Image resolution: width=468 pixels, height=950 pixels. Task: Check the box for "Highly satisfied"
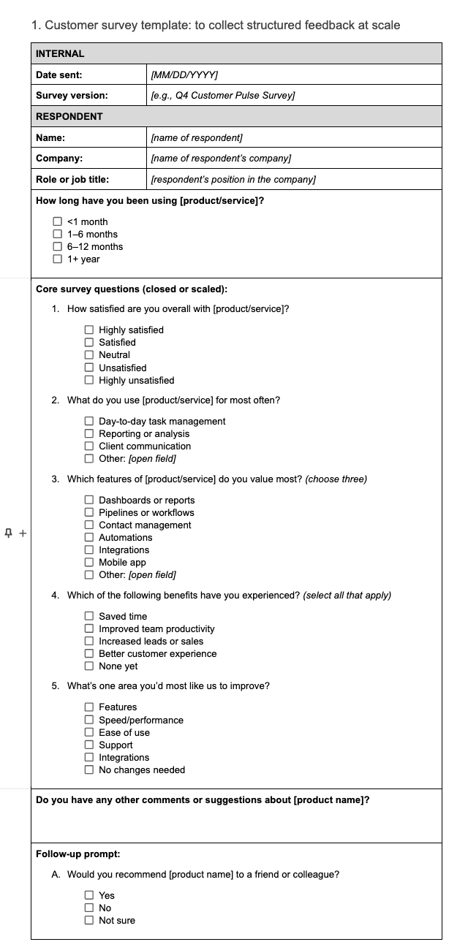click(89, 330)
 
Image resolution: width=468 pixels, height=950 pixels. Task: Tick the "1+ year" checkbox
click(57, 259)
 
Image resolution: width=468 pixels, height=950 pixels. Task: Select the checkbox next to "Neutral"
click(89, 355)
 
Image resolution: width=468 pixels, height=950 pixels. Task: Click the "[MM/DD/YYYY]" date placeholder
click(184, 75)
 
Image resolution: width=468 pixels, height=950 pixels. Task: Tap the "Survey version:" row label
click(72, 96)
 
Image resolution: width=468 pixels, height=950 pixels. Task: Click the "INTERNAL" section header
click(60, 53)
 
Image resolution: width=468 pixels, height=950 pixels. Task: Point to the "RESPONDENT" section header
click(69, 117)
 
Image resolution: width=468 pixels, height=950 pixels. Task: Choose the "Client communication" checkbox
click(89, 446)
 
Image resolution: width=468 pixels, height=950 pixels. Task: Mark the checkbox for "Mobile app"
click(89, 563)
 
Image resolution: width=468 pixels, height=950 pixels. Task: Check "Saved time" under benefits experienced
click(89, 617)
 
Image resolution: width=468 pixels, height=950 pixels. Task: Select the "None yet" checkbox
click(89, 666)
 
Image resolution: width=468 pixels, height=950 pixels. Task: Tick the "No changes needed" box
click(89, 770)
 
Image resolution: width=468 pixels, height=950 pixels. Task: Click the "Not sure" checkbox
click(89, 921)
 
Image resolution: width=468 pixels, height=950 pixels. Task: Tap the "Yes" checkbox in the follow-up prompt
click(89, 896)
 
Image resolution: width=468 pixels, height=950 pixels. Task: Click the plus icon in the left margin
click(23, 533)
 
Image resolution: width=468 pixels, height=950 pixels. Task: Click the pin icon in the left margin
click(9, 533)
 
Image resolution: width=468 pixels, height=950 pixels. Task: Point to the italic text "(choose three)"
click(336, 479)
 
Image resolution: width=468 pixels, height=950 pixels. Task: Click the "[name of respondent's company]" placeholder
click(221, 159)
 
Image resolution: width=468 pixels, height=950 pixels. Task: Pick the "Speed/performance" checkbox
click(89, 721)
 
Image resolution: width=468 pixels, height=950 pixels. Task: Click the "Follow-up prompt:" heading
click(78, 854)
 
